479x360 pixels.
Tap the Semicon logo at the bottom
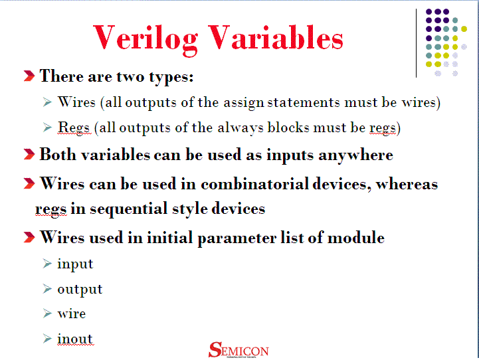pyautogui.click(x=239, y=349)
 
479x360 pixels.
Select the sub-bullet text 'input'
pyautogui.click(x=75, y=264)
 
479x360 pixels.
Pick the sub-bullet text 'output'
pyautogui.click(x=80, y=290)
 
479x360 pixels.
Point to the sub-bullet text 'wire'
pyautogui.click(x=71, y=314)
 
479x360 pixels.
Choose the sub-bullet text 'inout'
pyautogui.click(x=75, y=339)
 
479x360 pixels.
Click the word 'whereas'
pyautogui.click(x=407, y=183)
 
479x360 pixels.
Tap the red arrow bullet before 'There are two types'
pyautogui.click(x=29, y=76)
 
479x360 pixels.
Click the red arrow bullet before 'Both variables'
pyautogui.click(x=29, y=155)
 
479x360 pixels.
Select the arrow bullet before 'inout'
pyautogui.click(x=47, y=339)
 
